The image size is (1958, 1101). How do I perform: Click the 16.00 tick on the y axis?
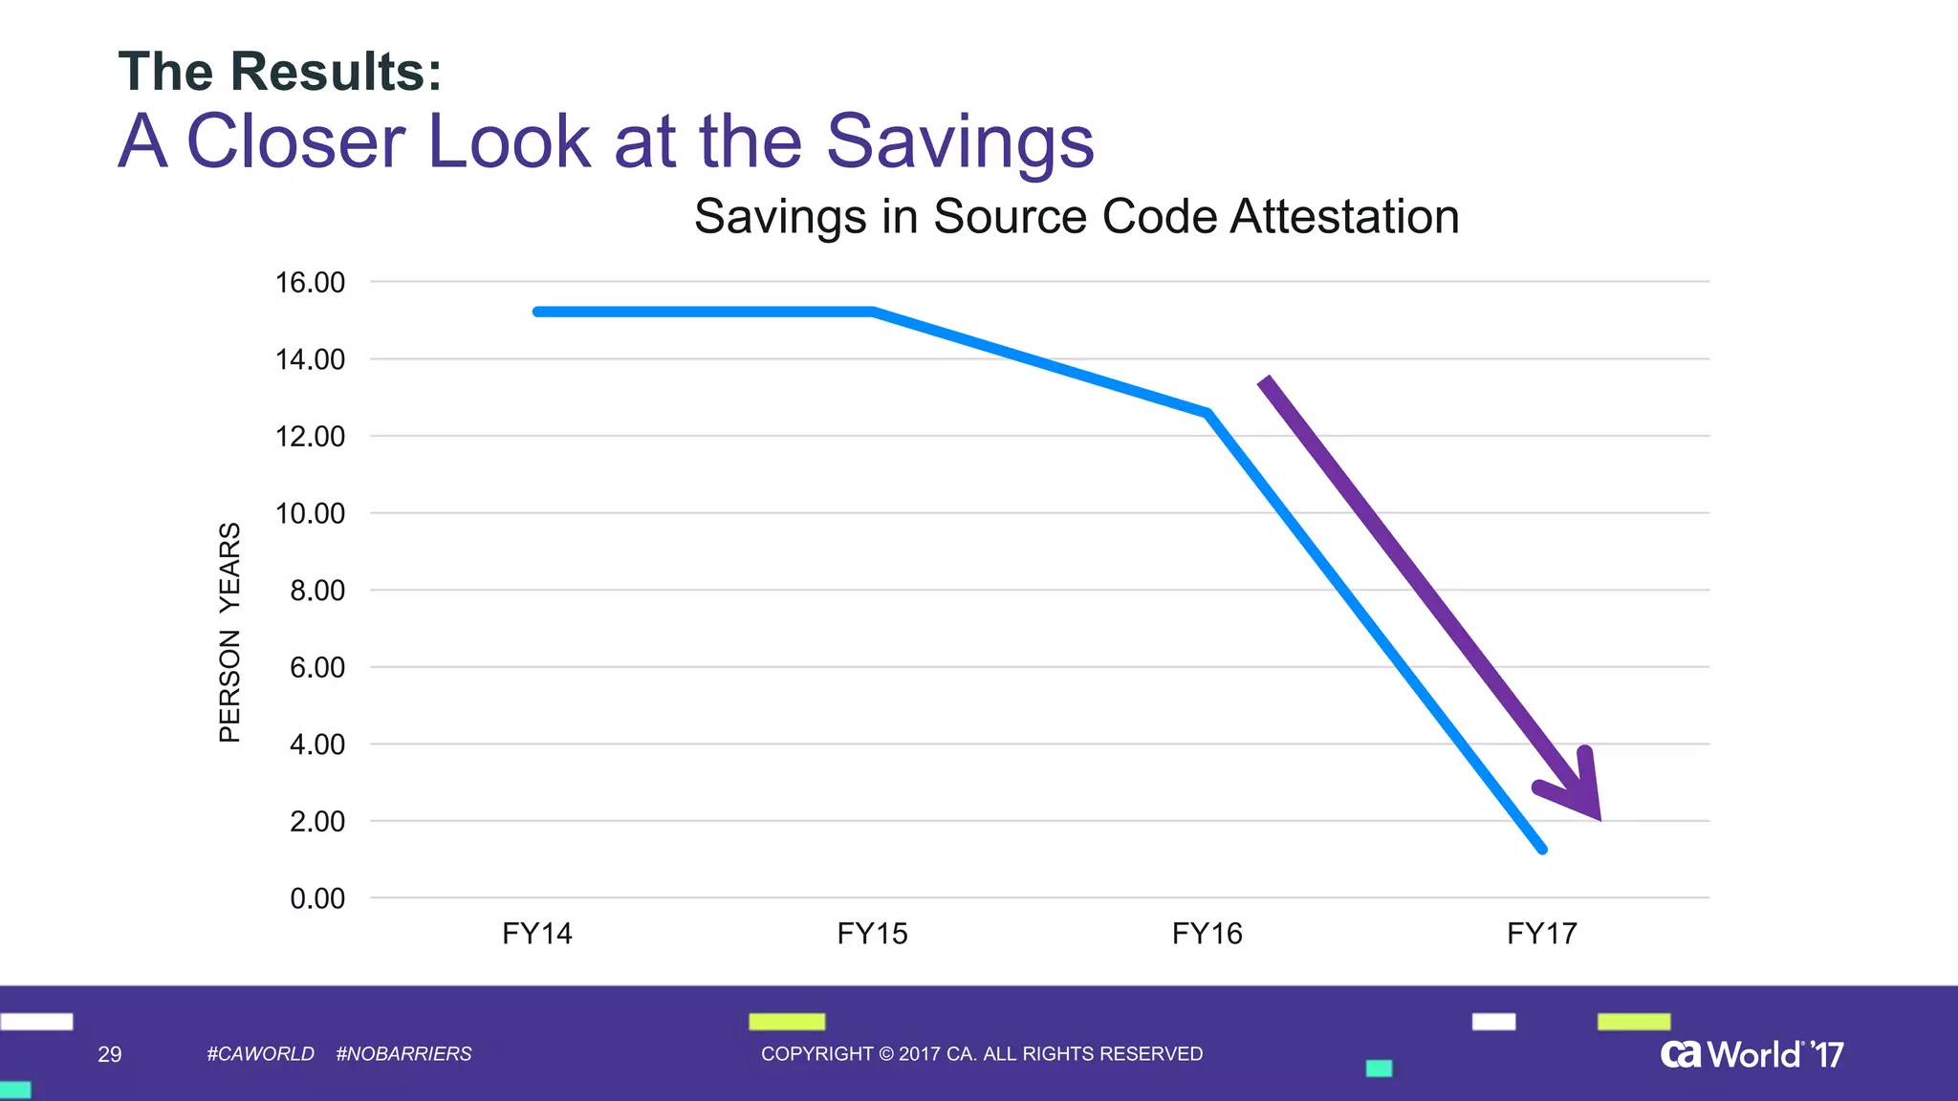[310, 283]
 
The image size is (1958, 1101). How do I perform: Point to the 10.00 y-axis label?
[310, 514]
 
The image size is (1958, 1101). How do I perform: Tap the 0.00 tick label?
[316, 899]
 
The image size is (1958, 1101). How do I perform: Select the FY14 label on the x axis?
[537, 934]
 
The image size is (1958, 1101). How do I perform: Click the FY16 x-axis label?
[1207, 934]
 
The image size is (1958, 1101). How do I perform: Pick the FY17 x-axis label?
[1542, 934]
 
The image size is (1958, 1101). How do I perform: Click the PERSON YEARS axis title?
[229, 633]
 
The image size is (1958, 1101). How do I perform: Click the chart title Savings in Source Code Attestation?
[1077, 216]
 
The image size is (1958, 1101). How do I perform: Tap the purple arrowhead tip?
[1599, 818]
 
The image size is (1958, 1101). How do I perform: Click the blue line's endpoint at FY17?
[1542, 849]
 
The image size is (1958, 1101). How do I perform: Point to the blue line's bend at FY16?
[1208, 413]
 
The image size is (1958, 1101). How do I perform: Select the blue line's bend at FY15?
[873, 312]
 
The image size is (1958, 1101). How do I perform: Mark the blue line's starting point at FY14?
[537, 312]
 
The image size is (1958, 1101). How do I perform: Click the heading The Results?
[280, 72]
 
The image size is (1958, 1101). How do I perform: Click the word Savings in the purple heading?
[959, 141]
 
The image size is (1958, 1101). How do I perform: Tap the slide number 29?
[110, 1054]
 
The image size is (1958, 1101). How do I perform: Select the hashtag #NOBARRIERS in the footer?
[403, 1054]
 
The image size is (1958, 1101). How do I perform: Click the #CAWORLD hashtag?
[260, 1054]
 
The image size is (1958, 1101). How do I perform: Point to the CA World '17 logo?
[1751, 1054]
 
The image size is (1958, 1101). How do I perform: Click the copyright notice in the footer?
[982, 1054]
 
